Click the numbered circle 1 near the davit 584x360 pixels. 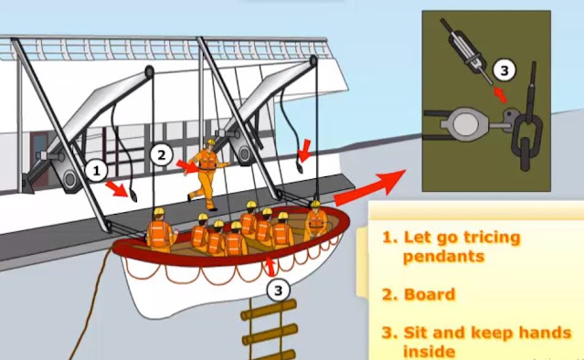click(97, 171)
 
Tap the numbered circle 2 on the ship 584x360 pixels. click(161, 154)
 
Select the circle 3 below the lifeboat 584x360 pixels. click(278, 290)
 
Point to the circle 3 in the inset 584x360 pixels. click(504, 70)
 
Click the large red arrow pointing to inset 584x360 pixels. click(370, 188)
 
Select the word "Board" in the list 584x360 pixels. click(430, 294)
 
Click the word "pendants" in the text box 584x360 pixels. click(443, 257)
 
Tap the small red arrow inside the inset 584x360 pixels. click(501, 93)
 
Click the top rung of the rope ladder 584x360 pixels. click(269, 310)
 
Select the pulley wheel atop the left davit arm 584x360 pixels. click(149, 71)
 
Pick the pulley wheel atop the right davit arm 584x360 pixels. click(313, 61)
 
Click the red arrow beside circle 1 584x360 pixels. click(118, 189)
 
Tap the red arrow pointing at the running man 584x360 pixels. click(188, 167)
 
